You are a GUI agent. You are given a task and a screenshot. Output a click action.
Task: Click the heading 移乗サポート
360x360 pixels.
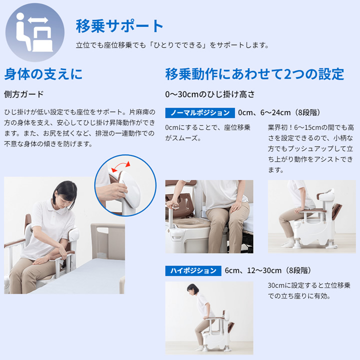[x=119, y=25]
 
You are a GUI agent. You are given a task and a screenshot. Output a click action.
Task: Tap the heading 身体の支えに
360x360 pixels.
[x=43, y=74]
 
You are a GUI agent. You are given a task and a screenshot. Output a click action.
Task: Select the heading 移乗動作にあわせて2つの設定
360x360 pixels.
[x=254, y=74]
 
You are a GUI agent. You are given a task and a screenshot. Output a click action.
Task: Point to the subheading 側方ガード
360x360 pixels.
[x=24, y=94]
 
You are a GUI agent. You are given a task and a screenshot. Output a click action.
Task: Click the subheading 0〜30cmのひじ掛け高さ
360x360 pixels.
[x=210, y=94]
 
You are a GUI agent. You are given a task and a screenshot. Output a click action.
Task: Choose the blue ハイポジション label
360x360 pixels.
[x=193, y=270]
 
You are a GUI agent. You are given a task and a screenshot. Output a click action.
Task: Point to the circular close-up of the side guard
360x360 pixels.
[x=122, y=184]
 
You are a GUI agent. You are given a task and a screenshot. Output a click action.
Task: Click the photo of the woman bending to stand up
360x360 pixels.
[x=209, y=317]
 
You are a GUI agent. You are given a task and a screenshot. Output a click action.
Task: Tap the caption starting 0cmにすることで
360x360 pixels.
[x=208, y=132]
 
